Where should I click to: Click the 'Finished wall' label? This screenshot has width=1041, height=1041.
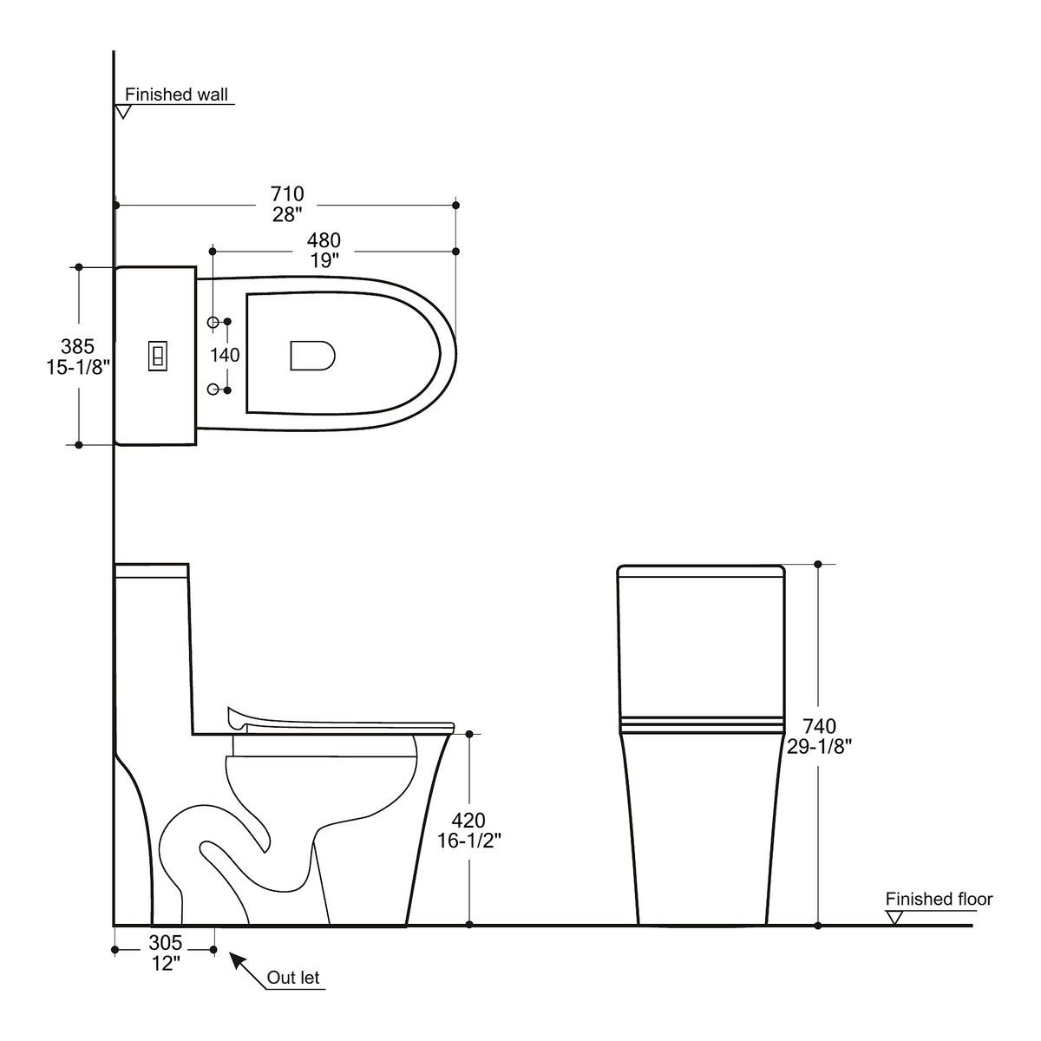coord(176,95)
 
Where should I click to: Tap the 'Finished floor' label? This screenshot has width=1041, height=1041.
coord(939,899)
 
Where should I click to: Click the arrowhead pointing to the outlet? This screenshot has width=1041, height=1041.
coord(237,959)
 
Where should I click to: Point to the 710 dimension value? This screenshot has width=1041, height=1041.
coord(287,193)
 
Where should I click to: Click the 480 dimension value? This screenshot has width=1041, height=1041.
coord(324,239)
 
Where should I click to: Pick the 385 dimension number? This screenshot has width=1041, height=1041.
coord(77,346)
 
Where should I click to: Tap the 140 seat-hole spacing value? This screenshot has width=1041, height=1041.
coord(225,355)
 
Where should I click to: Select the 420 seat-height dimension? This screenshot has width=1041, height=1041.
coord(468,821)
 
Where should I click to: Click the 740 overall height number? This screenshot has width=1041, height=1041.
coord(819,726)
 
